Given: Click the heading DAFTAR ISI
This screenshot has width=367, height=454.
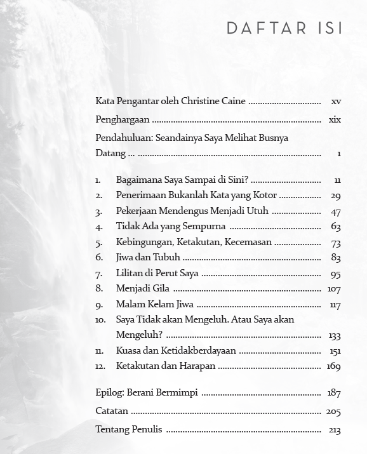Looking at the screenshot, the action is tap(284, 29).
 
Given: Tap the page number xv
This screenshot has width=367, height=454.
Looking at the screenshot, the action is tap(336, 102).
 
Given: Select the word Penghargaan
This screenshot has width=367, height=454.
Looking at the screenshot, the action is tap(123, 120).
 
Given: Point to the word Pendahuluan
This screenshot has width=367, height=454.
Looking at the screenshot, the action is tap(123, 138).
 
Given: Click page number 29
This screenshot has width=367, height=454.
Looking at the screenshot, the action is tap(336, 196).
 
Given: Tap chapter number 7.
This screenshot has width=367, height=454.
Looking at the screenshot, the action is tap(99, 274).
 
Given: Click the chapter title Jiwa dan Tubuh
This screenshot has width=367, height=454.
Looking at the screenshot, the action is tap(148, 258).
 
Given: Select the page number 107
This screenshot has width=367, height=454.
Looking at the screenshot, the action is tap(334, 289).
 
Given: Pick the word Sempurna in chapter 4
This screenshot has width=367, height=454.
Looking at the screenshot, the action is tap(206, 227).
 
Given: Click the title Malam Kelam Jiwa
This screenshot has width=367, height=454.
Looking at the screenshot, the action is tap(155, 304).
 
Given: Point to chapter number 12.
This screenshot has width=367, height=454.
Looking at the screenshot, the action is tap(100, 366).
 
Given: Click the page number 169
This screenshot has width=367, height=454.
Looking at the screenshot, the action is tap(333, 366).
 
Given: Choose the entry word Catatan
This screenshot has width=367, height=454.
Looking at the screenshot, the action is tap(112, 411).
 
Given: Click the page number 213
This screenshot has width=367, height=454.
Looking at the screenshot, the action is tap(335, 431).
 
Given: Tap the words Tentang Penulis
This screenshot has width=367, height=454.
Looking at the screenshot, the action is tap(128, 430).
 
